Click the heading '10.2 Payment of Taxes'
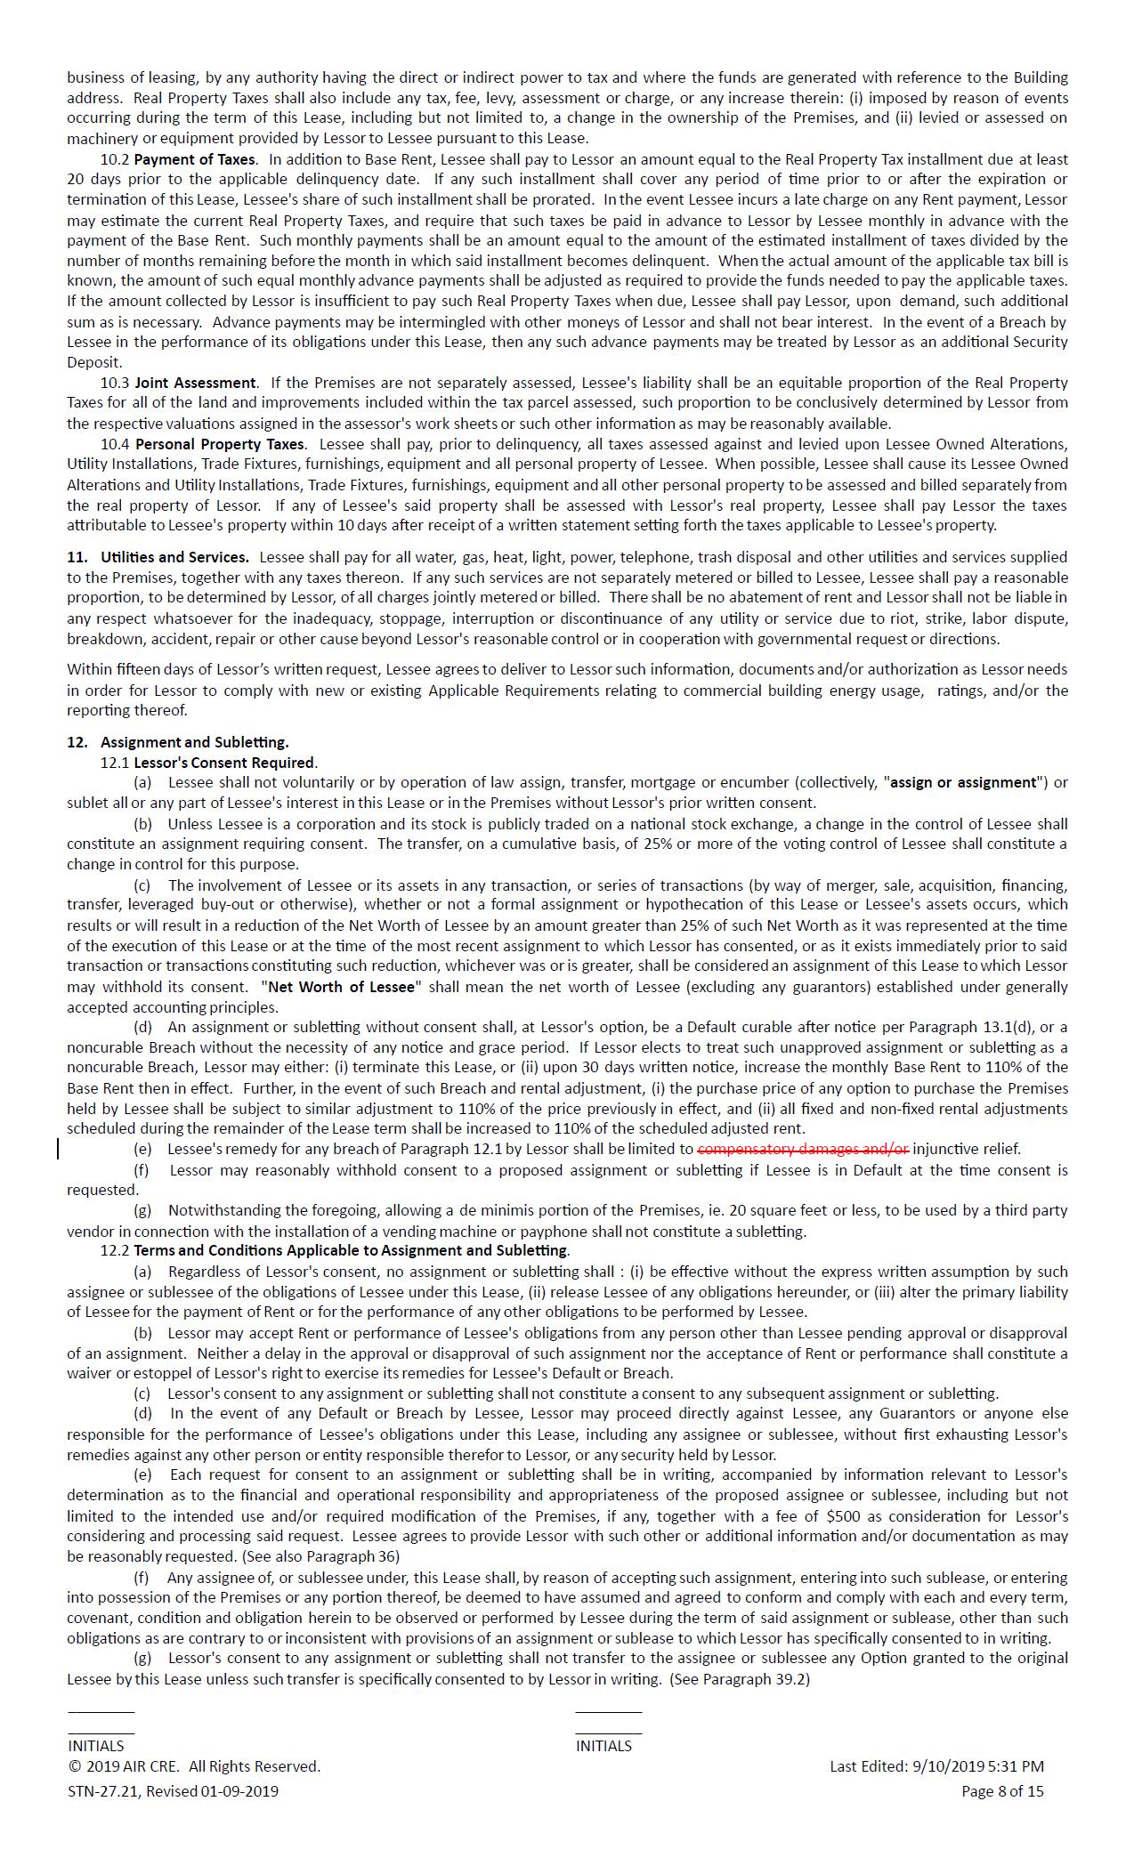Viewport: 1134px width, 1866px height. coord(177,159)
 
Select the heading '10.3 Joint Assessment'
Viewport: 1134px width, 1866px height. coord(178,383)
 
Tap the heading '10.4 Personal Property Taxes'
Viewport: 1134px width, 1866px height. coord(202,443)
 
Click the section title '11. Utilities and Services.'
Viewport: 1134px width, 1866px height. coord(158,557)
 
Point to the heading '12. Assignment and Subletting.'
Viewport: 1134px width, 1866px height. coord(178,742)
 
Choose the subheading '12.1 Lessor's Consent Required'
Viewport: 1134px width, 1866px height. coord(208,763)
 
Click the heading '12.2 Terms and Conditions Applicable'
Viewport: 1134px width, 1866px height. coord(335,1250)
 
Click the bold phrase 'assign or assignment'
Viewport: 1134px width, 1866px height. coord(964,782)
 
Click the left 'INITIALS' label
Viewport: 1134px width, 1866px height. coord(96,1746)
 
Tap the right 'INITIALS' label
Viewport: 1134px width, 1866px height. coord(603,1746)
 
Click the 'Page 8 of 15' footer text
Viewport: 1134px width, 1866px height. coord(1002,1791)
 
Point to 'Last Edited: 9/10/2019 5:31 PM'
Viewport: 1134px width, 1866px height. coord(936,1766)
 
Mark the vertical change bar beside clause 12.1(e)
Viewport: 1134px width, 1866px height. coord(59,1149)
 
